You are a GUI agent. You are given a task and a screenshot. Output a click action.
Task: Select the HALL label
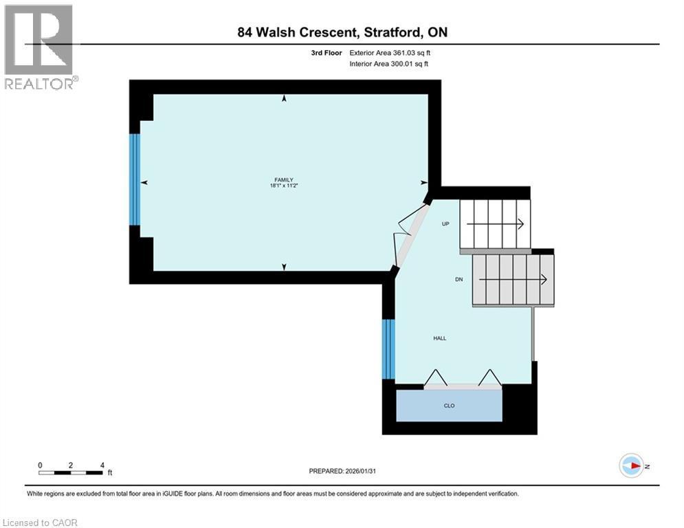pos(439,338)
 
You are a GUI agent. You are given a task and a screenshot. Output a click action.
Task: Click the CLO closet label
pos(449,406)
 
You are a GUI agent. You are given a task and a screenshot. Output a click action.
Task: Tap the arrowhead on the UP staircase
pos(520,223)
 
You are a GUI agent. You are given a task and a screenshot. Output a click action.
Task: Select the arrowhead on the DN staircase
pos(543,280)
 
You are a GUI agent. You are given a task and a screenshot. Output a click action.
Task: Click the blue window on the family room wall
pos(135,179)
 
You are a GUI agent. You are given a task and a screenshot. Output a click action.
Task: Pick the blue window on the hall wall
pos(388,349)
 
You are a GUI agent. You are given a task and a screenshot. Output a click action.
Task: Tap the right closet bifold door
pos(489,379)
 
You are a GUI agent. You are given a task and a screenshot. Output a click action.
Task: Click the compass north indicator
pos(632,465)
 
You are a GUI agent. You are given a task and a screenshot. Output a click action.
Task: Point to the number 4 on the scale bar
pos(102,465)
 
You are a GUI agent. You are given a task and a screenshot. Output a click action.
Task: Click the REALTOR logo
pos(39,46)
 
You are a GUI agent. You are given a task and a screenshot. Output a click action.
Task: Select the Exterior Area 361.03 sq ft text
pos(390,52)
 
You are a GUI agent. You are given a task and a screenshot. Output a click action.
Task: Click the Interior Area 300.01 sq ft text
pos(390,64)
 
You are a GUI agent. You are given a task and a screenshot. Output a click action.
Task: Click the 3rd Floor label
pos(327,52)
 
